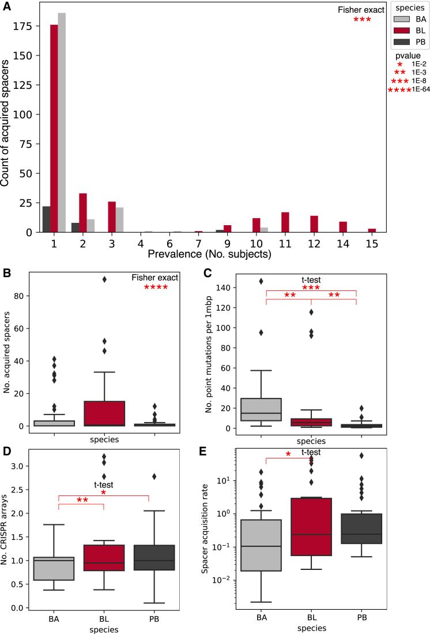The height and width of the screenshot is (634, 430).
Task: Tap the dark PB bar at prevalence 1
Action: (46, 219)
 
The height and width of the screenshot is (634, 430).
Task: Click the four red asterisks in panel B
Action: (155, 288)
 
